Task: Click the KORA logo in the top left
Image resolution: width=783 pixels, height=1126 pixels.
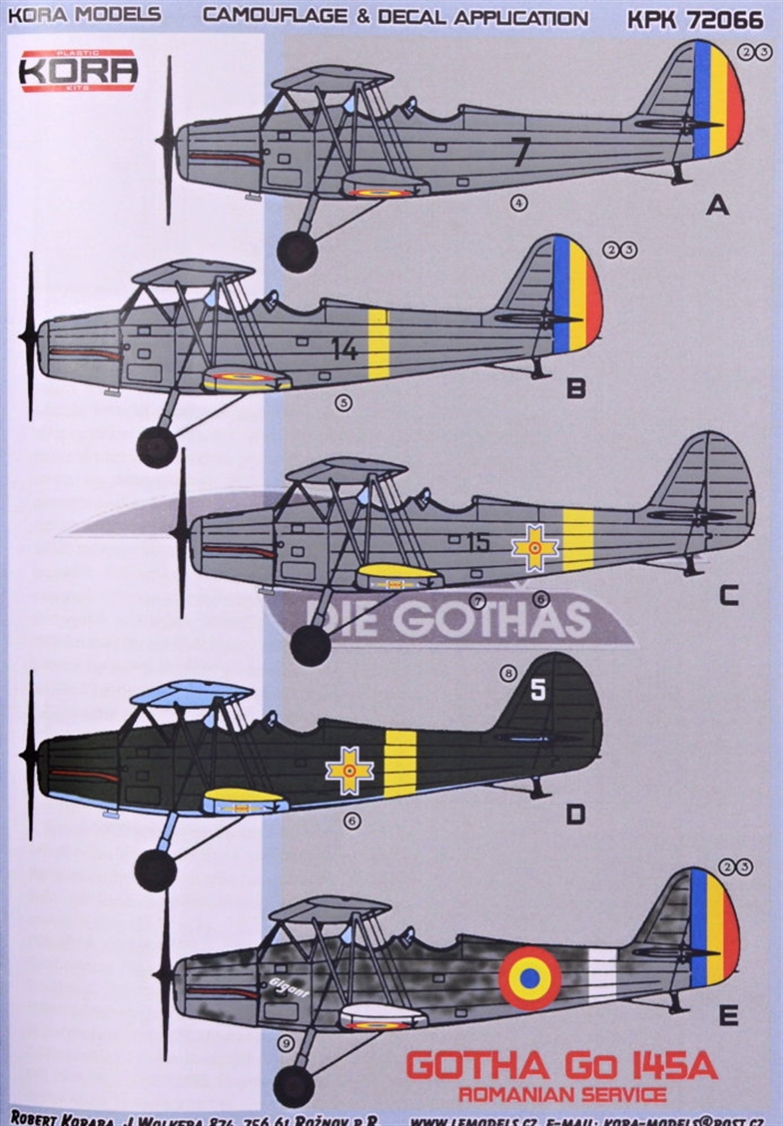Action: coord(78,70)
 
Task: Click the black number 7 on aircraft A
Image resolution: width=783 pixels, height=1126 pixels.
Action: coord(519,152)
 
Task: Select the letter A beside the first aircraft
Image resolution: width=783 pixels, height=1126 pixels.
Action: coord(717,207)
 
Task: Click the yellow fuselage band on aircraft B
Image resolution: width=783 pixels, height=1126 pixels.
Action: coord(378,344)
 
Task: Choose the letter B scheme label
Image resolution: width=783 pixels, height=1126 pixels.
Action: coord(576,388)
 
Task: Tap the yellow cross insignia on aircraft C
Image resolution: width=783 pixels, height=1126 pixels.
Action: coord(534,547)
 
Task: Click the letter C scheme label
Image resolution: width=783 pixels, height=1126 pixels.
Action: coord(728,596)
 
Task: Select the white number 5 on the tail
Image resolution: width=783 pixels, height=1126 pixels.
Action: coord(538,691)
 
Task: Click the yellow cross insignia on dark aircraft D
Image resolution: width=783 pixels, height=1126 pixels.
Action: coord(350,770)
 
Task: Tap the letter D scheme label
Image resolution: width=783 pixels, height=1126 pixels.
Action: coord(574,816)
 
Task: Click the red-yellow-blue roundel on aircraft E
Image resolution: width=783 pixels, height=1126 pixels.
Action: coord(529,977)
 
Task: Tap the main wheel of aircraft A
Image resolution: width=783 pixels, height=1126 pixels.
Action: coord(297,252)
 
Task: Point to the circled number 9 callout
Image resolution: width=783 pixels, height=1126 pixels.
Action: coord(287,1043)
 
